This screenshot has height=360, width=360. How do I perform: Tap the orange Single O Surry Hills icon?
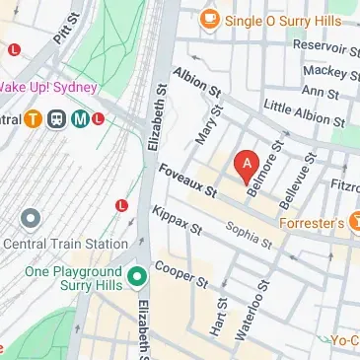209,19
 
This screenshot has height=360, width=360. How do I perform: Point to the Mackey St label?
330,71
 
